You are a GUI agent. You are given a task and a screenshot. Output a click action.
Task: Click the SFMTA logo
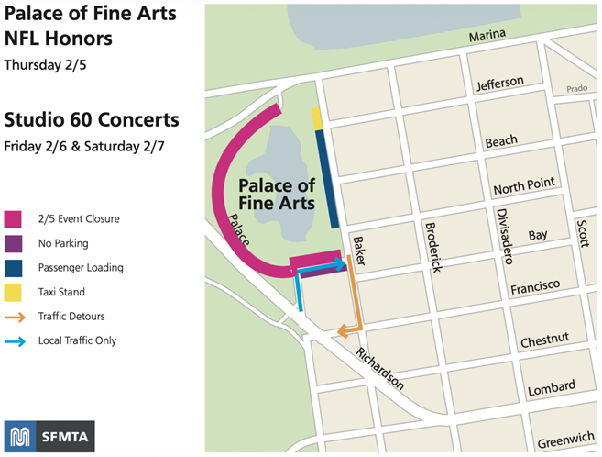49,437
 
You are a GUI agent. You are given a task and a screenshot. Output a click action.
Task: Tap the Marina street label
487,37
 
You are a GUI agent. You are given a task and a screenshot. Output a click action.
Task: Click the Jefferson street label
499,84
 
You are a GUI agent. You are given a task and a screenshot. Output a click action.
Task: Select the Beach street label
501,141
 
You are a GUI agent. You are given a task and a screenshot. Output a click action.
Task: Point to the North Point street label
524,186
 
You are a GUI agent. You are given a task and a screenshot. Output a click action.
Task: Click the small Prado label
575,90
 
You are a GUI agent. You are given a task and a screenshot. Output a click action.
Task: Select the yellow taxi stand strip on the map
316,118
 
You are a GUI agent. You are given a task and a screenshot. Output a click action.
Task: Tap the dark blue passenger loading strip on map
323,177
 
